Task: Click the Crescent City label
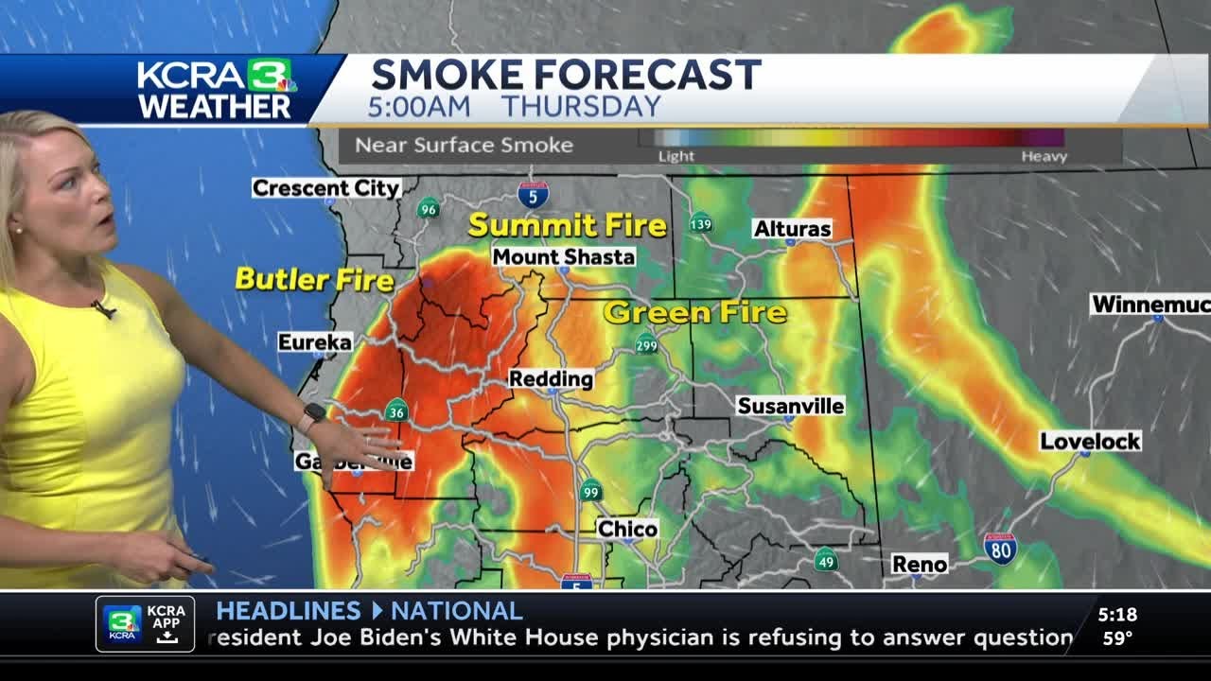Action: (326, 188)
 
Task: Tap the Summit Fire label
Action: (567, 225)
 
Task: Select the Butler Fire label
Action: (314, 279)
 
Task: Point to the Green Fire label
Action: (694, 312)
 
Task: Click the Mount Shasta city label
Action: (563, 256)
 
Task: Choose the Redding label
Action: (551, 378)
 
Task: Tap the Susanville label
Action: (790, 406)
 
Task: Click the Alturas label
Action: (792, 228)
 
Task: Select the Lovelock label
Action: (1090, 441)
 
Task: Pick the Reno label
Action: (919, 565)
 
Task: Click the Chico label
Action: (627, 529)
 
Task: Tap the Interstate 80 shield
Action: (999, 549)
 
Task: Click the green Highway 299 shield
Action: (646, 343)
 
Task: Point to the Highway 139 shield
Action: (700, 224)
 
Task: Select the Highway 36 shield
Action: (397, 410)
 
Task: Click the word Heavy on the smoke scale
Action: (1044, 156)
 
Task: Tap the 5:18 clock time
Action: (1117, 615)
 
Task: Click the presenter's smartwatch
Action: (314, 413)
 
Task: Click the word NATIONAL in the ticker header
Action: (456, 611)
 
